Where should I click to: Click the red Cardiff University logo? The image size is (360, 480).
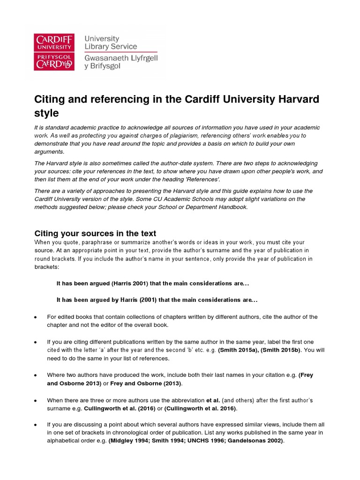[x=53, y=52]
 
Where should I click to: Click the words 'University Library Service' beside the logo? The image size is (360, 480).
[x=111, y=43]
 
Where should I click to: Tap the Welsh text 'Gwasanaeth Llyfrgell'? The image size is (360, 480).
[x=120, y=58]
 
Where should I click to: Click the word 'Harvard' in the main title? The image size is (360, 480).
[x=293, y=100]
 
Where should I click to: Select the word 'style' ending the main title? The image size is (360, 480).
[x=47, y=113]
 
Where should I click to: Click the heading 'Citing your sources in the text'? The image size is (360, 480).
[x=96, y=233]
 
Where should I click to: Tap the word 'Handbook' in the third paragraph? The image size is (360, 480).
[x=231, y=207]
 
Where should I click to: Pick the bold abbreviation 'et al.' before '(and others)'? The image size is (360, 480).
[x=213, y=400]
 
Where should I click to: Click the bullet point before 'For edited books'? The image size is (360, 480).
[x=36, y=317]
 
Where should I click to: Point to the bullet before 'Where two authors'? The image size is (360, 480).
[x=36, y=375]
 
